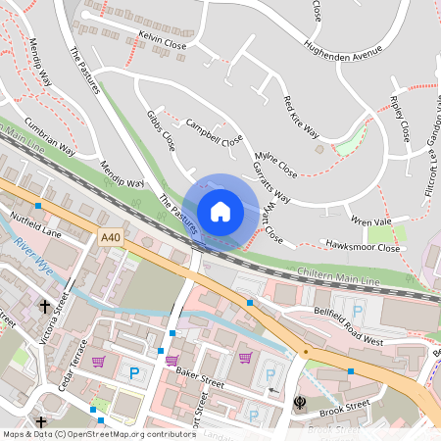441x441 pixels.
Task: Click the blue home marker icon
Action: click(220, 212)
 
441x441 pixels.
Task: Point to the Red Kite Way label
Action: click(301, 117)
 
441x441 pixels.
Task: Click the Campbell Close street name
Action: click(214, 133)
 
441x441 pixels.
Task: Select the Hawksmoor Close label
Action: click(365, 248)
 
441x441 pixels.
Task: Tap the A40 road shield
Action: click(111, 236)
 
